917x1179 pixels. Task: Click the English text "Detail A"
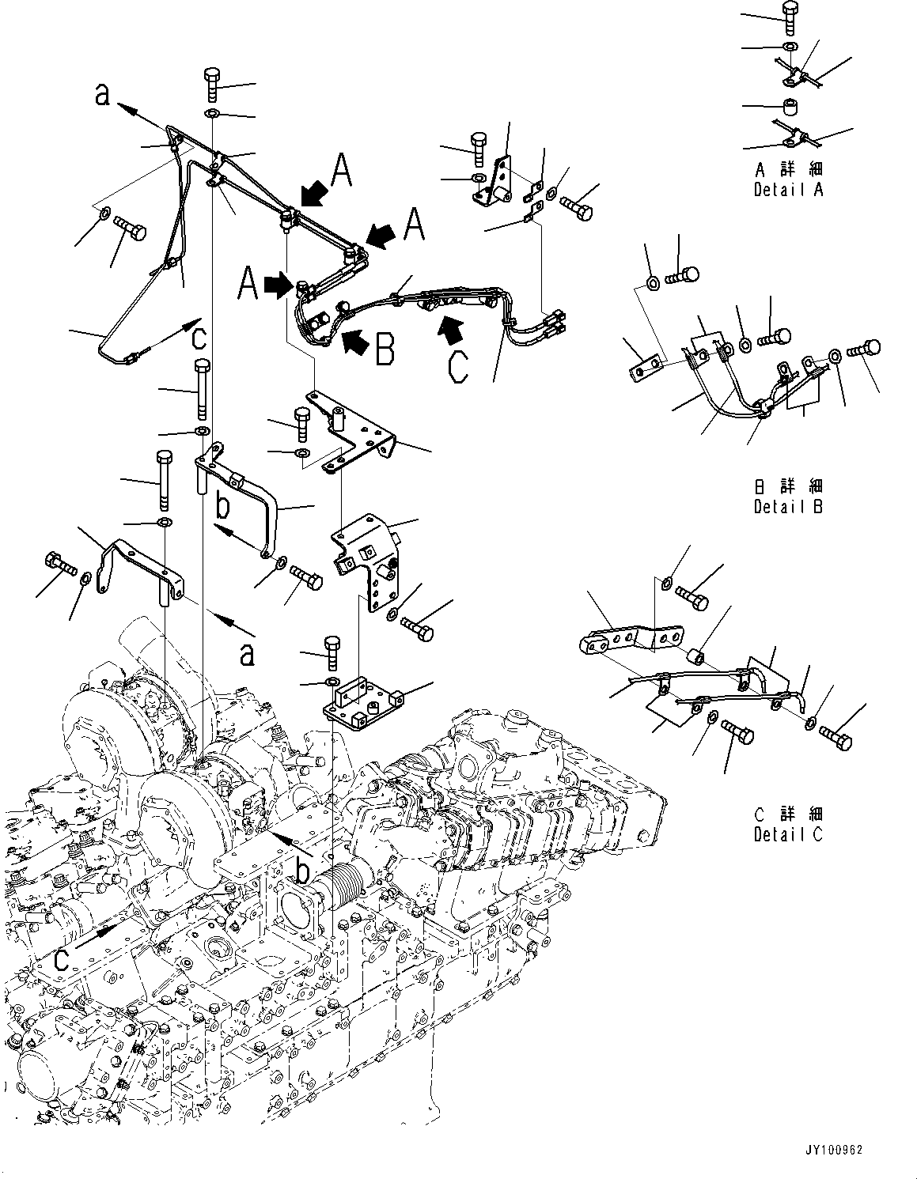point(788,190)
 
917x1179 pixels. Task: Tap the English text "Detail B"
point(788,507)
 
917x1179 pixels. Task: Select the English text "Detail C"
point(788,833)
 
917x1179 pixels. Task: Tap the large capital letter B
point(385,350)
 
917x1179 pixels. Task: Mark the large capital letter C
point(458,366)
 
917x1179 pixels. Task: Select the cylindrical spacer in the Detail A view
point(790,106)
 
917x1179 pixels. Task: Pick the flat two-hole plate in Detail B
point(645,368)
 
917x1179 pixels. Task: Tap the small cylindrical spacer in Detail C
point(696,656)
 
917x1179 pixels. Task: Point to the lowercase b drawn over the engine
point(301,871)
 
